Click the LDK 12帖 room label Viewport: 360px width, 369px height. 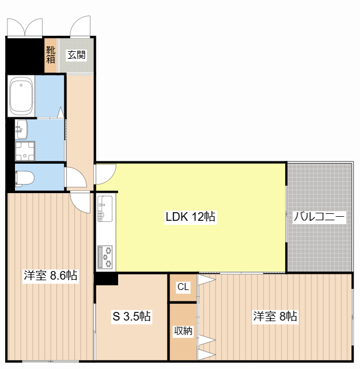click(x=190, y=217)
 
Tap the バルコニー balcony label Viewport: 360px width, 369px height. click(x=319, y=217)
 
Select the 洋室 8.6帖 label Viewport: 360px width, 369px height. click(x=50, y=275)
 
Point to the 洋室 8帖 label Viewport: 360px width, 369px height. click(x=275, y=316)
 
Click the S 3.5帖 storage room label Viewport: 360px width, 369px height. click(x=131, y=316)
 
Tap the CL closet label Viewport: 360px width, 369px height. click(x=183, y=287)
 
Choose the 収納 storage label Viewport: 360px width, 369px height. click(x=183, y=331)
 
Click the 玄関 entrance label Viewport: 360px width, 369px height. click(x=76, y=55)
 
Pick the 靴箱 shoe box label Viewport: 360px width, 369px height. click(x=51, y=55)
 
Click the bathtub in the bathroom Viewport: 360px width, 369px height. click(x=21, y=96)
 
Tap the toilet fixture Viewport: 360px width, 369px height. click(x=24, y=179)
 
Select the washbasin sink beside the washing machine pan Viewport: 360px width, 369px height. click(x=21, y=129)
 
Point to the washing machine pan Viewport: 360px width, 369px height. click(x=25, y=151)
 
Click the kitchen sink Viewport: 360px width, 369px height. click(x=105, y=209)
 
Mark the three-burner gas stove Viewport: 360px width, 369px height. click(x=105, y=257)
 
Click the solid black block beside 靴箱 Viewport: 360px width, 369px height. click(x=25, y=55)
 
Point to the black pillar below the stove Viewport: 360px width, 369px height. click(x=106, y=279)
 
